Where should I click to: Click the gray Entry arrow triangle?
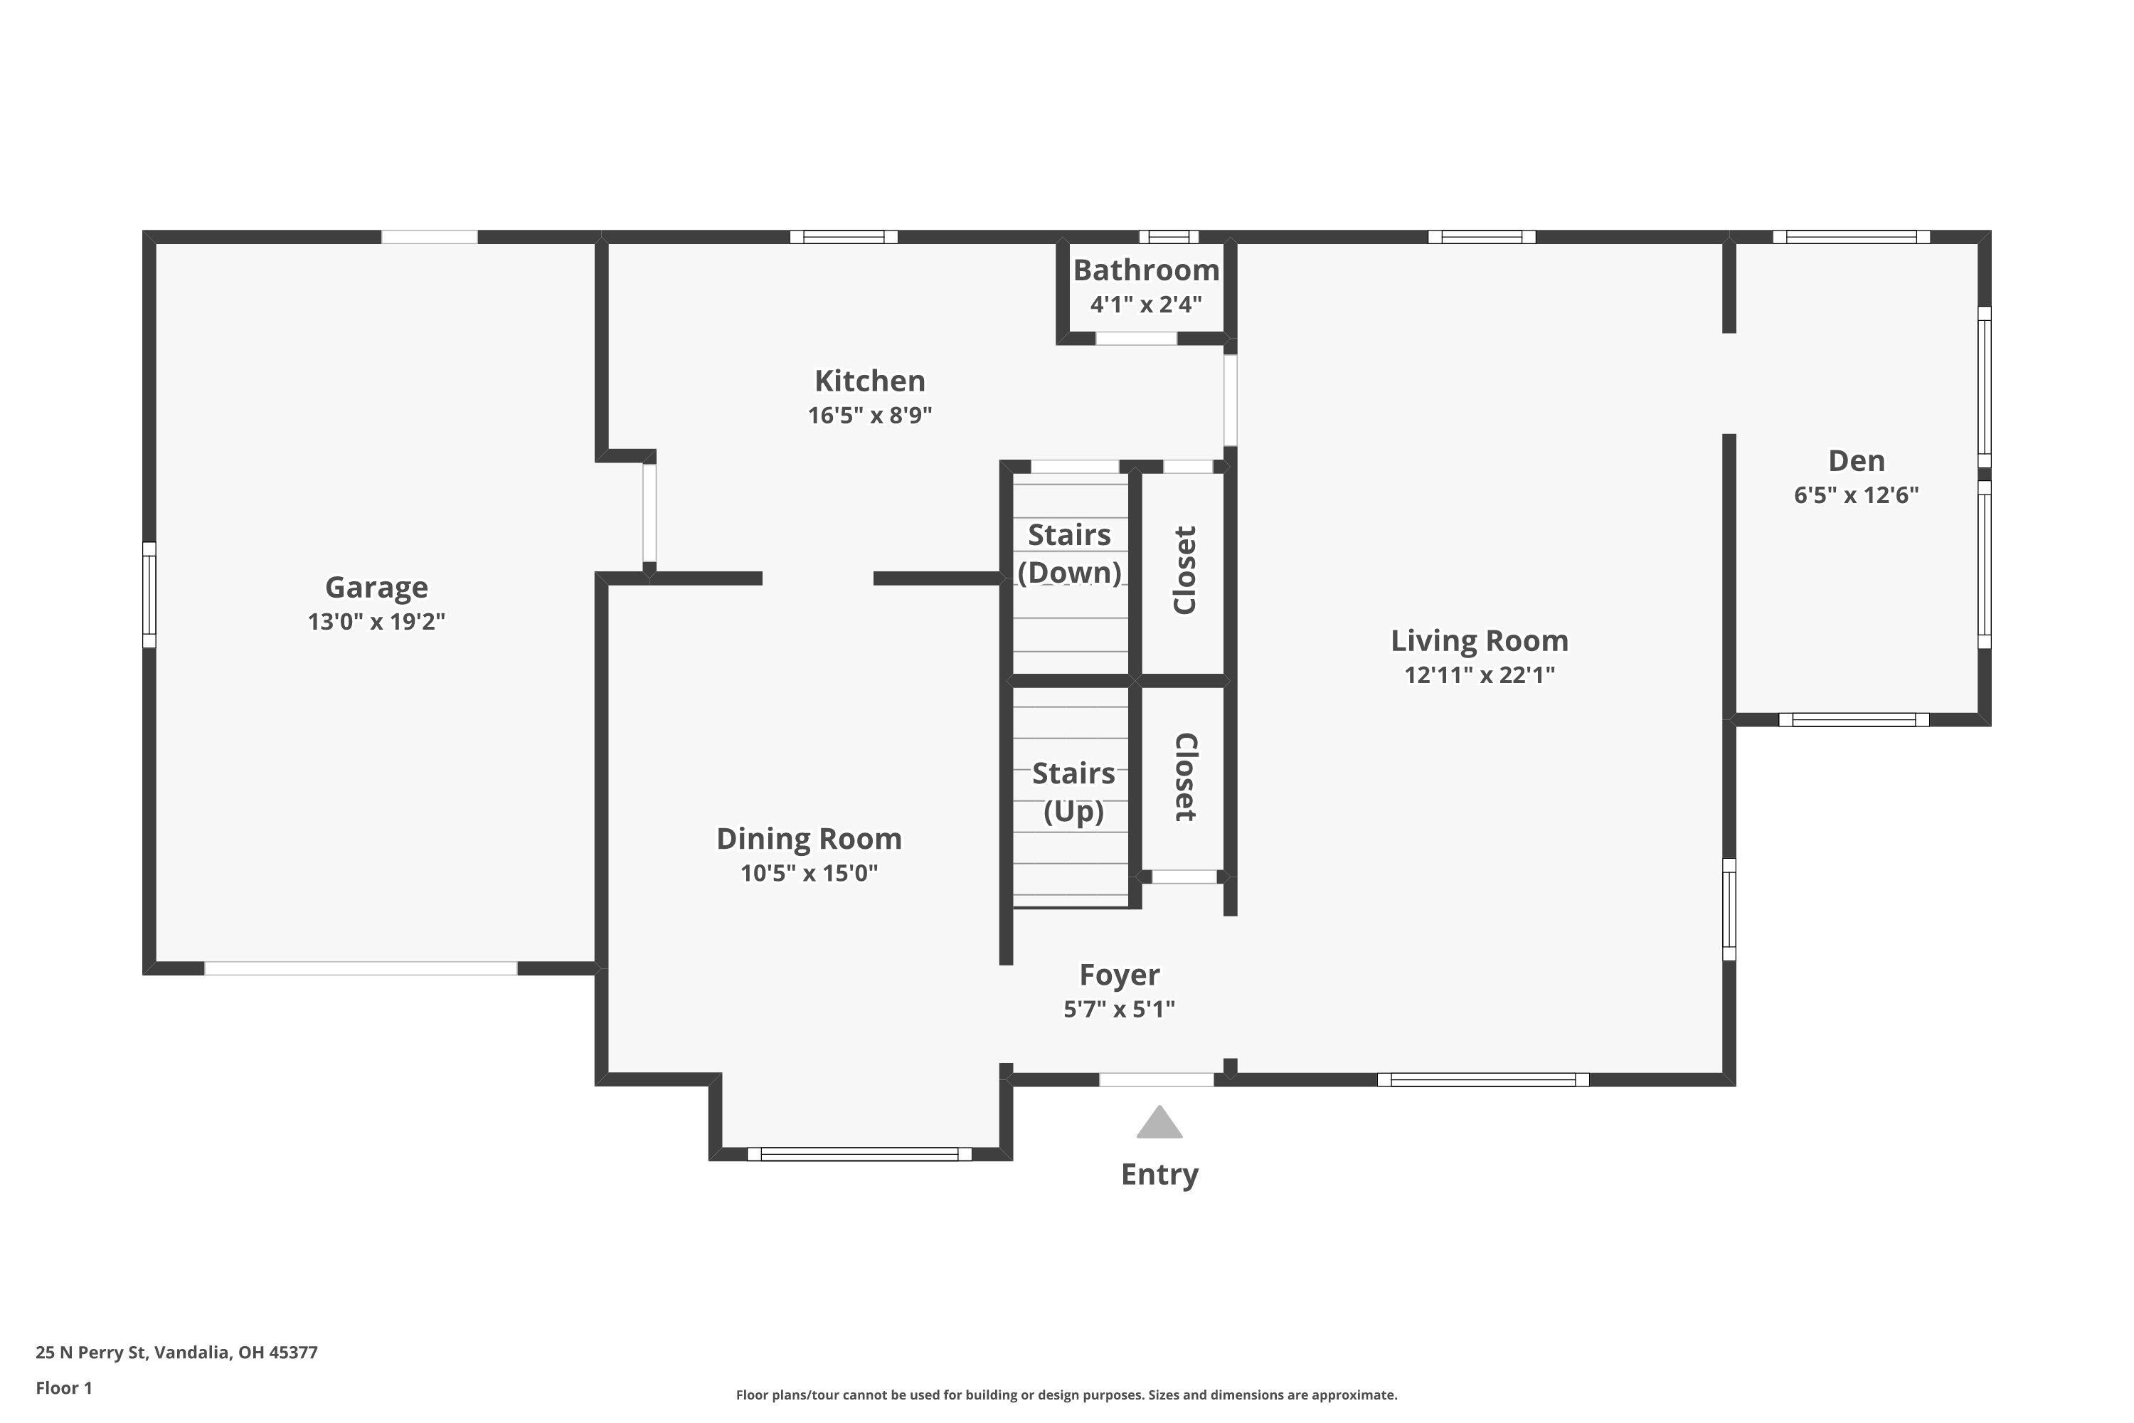coord(1159,1124)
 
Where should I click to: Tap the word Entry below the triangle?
coord(1159,1175)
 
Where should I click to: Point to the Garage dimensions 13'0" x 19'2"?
coord(376,622)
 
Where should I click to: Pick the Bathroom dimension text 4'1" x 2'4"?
coord(1146,304)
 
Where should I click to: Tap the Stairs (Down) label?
coord(1069,554)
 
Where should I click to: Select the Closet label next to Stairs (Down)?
coord(1185,570)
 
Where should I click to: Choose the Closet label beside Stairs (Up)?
coord(1185,777)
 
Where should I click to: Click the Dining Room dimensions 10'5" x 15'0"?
coord(808,873)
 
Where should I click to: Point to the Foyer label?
coord(1119,975)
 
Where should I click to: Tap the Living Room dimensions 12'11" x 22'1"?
coord(1479,675)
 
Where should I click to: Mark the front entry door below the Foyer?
coord(1157,1079)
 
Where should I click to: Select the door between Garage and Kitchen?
coord(649,513)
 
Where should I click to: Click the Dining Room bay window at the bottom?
coord(859,1154)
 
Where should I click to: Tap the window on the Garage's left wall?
coord(149,594)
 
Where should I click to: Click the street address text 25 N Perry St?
coord(177,1353)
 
